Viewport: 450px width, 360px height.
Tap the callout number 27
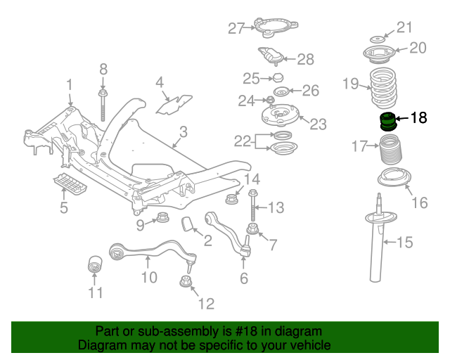coord(235,29)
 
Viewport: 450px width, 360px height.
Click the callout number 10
coord(148,277)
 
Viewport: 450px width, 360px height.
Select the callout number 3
coord(182,131)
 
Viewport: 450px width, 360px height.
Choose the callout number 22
coord(242,141)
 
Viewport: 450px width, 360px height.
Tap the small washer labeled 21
coord(378,37)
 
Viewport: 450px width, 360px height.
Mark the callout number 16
coord(418,204)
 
